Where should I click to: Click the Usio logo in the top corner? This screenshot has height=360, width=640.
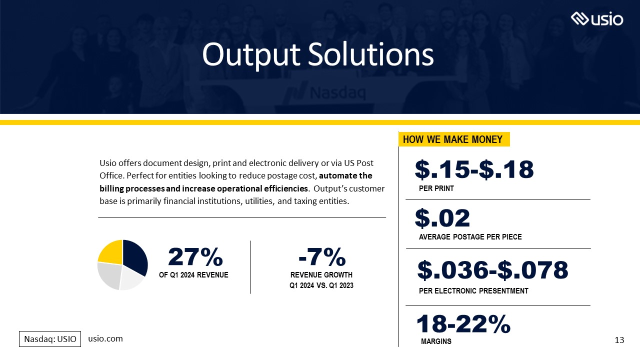click(597, 19)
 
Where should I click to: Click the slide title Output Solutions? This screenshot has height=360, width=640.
click(317, 55)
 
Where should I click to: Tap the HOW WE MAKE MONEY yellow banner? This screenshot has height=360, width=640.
click(453, 139)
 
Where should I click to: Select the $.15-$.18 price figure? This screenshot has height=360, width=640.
click(474, 170)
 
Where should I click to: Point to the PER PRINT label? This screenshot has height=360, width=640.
click(436, 188)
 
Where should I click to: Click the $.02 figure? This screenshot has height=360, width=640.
click(442, 218)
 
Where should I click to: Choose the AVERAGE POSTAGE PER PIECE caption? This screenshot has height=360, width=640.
click(470, 237)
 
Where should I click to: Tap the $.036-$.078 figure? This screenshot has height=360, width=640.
click(492, 270)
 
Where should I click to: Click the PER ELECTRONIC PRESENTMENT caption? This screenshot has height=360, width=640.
click(473, 291)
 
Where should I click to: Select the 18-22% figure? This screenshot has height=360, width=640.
click(463, 324)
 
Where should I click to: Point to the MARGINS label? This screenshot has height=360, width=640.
click(436, 341)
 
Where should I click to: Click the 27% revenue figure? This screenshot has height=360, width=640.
click(195, 257)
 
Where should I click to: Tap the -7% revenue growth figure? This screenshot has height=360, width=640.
click(321, 257)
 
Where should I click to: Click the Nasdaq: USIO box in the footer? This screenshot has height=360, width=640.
click(50, 339)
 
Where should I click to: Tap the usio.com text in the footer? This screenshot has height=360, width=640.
click(105, 338)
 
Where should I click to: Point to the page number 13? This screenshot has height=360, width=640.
click(619, 340)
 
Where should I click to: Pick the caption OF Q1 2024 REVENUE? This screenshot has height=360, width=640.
click(193, 275)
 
